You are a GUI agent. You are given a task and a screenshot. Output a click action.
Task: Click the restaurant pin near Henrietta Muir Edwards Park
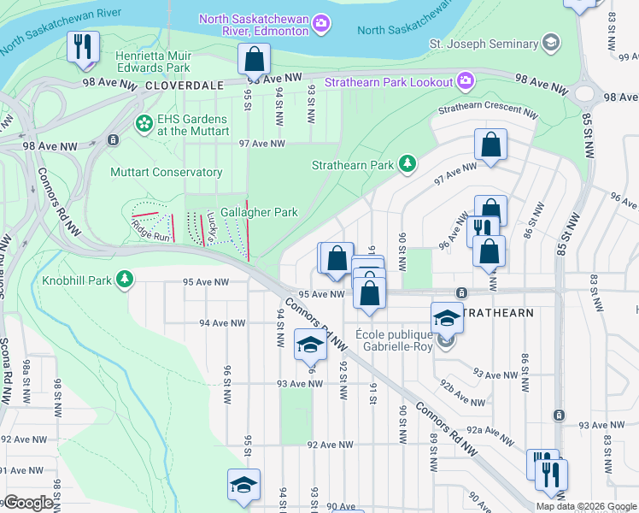coord(83,47)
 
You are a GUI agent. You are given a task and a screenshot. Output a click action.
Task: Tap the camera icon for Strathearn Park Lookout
coord(466,81)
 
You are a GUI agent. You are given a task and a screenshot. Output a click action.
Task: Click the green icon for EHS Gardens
coord(142,125)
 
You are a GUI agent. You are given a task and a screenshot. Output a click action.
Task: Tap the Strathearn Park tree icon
coord(408,164)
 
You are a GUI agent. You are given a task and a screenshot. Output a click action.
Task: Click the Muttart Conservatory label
coord(166,172)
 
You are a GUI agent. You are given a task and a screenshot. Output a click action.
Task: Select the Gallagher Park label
coord(259,212)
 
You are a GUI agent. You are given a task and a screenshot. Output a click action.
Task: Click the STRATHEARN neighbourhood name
coord(501,313)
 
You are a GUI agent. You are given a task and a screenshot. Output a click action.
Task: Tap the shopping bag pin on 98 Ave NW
coord(254,60)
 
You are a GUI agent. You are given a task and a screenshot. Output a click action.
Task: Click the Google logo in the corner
coord(27,503)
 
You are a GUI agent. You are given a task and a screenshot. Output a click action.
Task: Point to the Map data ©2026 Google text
coord(586,506)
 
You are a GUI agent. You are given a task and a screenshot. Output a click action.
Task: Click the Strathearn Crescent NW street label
coord(488,112)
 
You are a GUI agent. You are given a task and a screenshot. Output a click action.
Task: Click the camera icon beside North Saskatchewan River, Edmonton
coord(320,23)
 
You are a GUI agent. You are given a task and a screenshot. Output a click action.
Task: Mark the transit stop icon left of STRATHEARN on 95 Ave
coord(460,293)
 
